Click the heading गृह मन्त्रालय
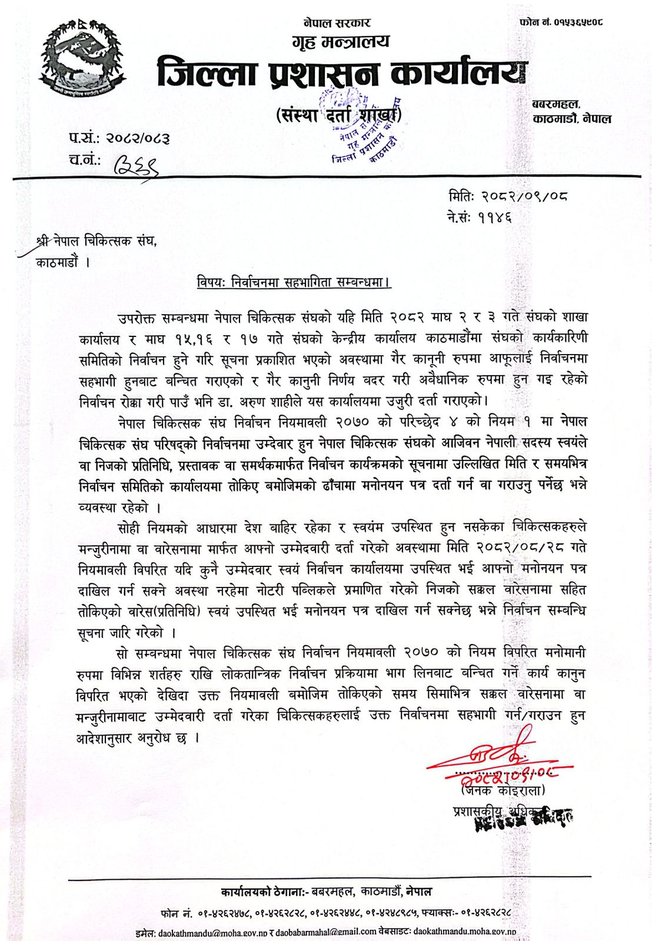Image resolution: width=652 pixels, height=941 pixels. (340, 42)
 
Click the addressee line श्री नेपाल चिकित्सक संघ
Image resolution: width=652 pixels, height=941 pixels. (98, 241)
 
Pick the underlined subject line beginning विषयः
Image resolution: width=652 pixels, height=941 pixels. (294, 282)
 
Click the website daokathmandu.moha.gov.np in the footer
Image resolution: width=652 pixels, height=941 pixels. (464, 932)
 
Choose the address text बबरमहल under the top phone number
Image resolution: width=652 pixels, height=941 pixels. (555, 105)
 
